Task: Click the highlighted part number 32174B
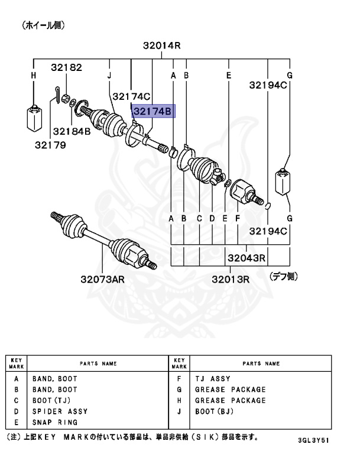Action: point(154,111)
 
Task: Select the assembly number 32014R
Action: point(161,46)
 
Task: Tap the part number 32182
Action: point(66,67)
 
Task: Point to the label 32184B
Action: point(72,131)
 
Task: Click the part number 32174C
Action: point(132,95)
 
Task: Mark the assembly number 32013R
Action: point(231,278)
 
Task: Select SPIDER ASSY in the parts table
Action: point(60,411)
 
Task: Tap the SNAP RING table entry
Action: point(55,422)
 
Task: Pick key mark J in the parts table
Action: point(178,411)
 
